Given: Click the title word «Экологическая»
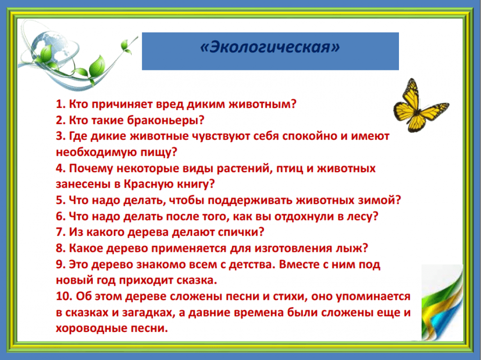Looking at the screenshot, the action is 270,47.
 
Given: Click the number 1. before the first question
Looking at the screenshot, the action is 60,104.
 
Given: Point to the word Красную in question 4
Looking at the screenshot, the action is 149,184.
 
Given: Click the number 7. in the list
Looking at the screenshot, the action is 61,232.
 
